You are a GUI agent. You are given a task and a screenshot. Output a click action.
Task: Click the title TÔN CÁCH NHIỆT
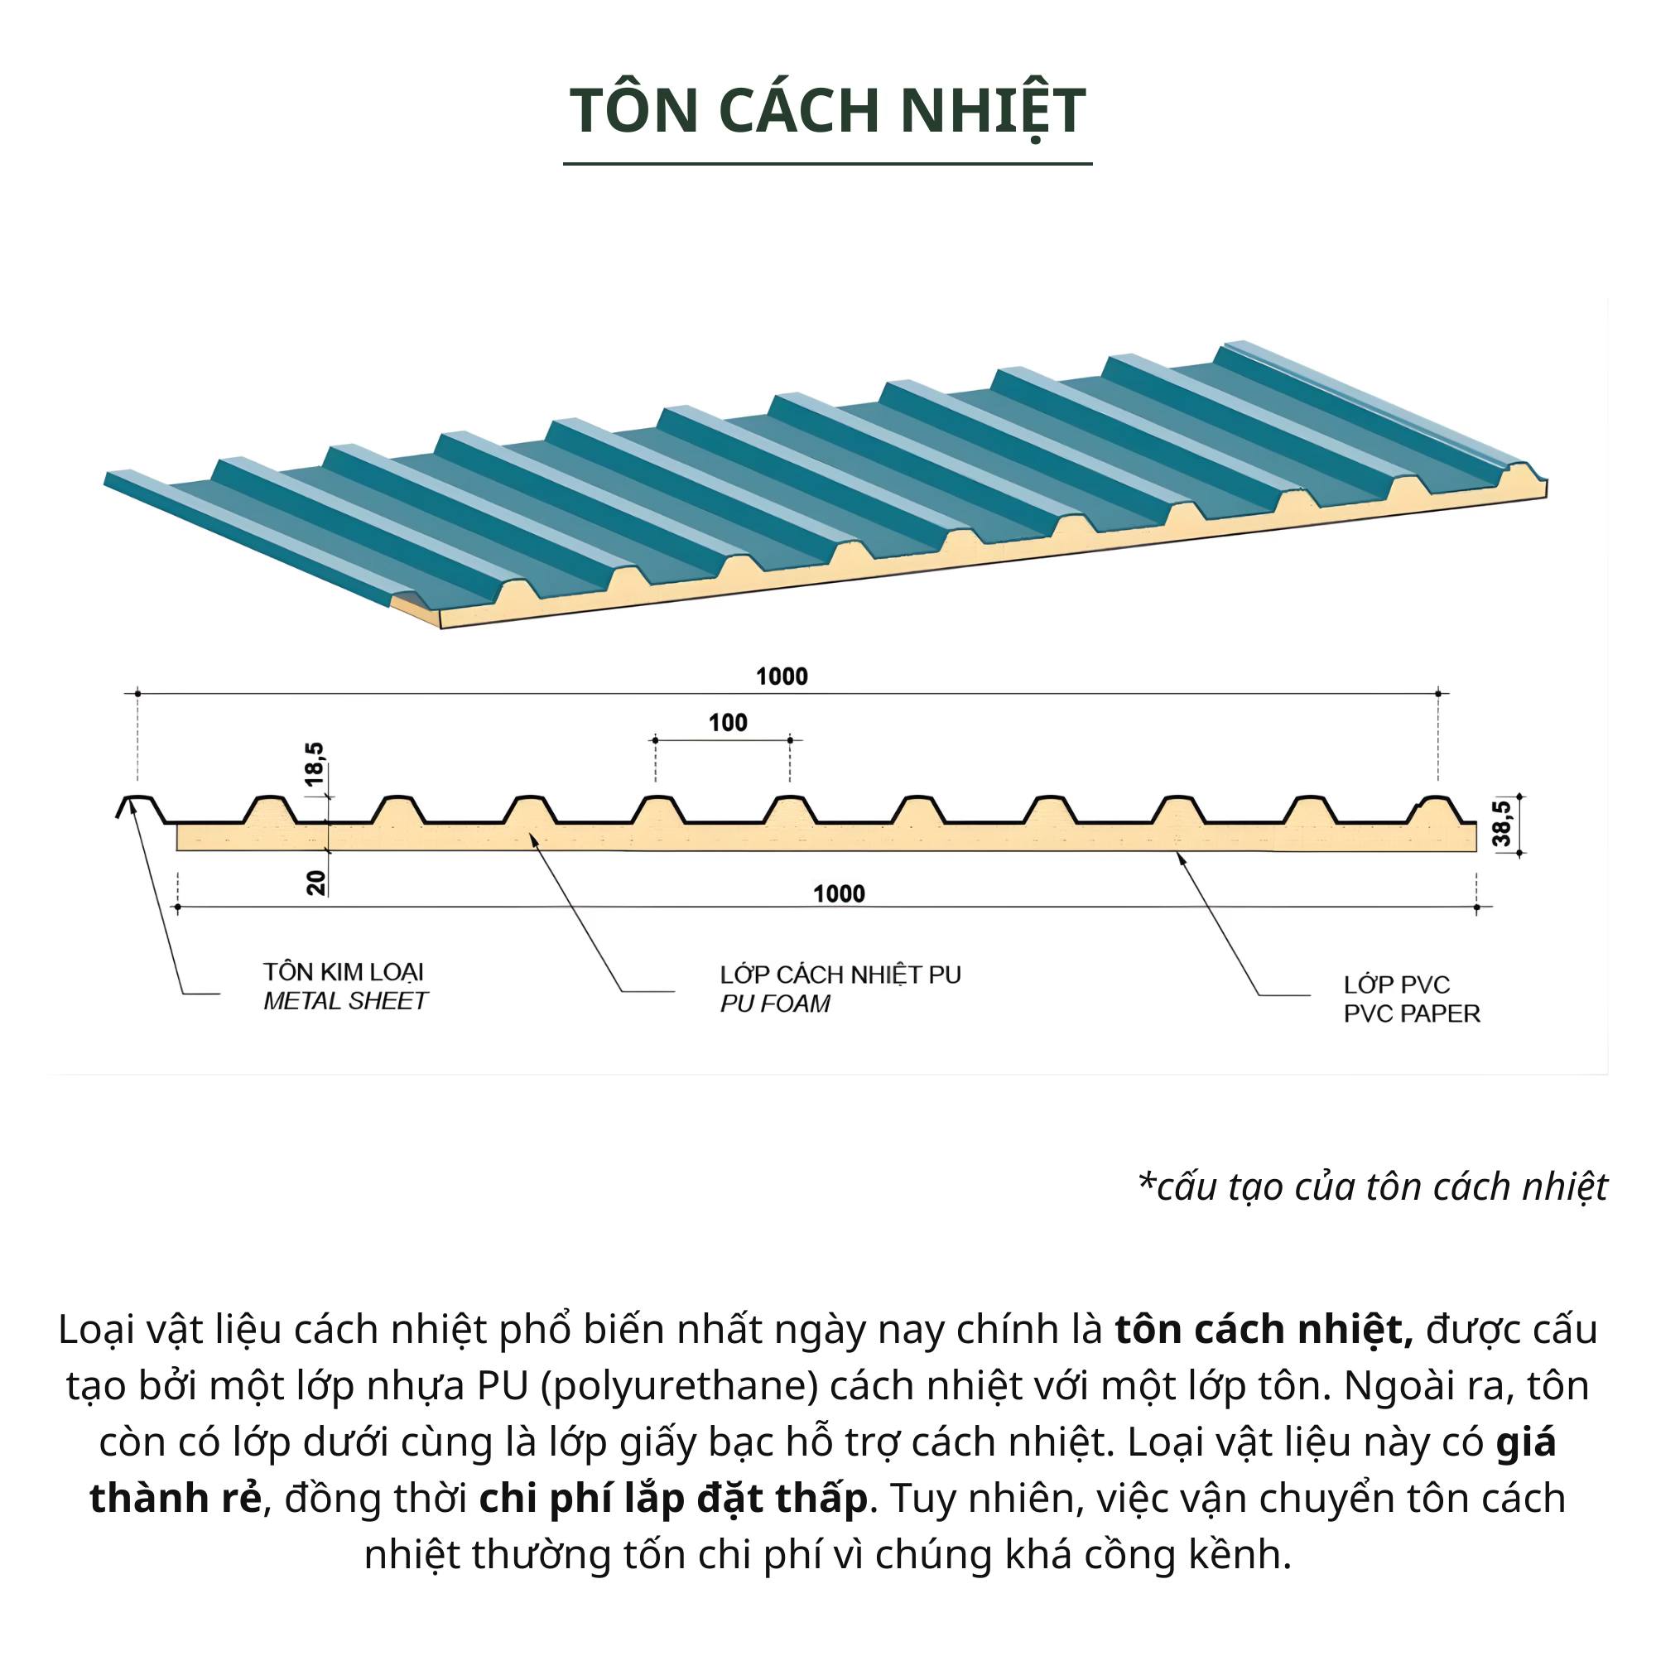click(827, 111)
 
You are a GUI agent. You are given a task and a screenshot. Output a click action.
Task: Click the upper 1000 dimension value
click(782, 676)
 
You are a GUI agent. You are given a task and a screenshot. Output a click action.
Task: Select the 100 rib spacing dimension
click(728, 723)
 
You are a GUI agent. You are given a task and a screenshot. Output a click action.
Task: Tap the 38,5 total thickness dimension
click(1502, 823)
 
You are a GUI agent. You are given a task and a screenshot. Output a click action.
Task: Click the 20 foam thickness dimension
click(317, 882)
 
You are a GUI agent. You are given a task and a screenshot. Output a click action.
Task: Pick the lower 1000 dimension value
click(839, 894)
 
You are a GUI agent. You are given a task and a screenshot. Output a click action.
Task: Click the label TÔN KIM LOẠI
click(343, 972)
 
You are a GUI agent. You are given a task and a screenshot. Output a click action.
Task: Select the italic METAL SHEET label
click(344, 1001)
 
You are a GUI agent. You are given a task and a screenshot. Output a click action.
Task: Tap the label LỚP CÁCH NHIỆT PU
click(840, 975)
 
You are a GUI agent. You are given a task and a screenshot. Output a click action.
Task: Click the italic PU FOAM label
click(775, 1004)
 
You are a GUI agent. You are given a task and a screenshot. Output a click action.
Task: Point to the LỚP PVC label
click(1396, 984)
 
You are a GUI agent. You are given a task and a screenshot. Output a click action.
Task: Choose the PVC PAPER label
click(1412, 1014)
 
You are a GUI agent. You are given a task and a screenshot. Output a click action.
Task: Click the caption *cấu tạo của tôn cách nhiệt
click(1372, 1187)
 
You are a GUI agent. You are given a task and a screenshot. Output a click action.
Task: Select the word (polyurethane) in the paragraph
click(681, 1385)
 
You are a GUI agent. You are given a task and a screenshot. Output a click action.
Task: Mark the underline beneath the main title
click(827, 163)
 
